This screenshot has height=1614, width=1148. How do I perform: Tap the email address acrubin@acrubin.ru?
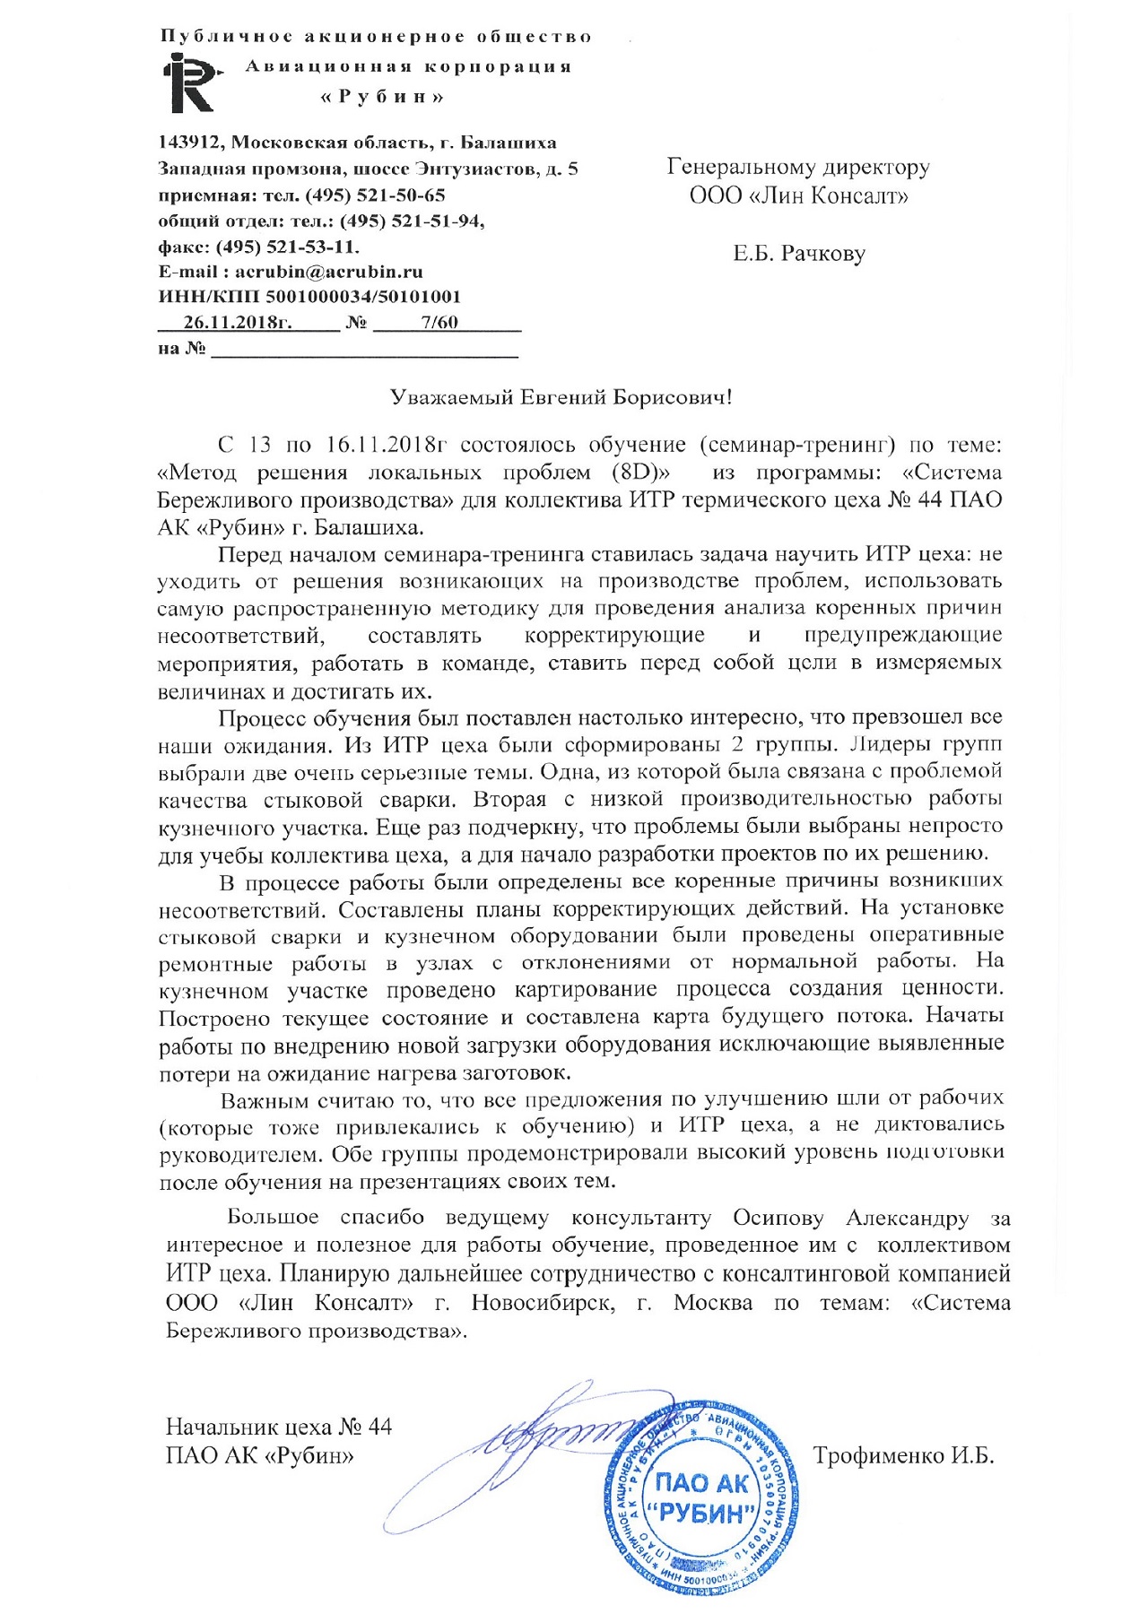point(328,272)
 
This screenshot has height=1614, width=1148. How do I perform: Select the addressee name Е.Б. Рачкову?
point(798,255)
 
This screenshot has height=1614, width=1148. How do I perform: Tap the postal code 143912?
point(190,143)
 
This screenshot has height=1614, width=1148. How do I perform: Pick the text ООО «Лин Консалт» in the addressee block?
point(798,195)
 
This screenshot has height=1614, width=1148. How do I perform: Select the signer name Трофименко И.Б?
point(903,1455)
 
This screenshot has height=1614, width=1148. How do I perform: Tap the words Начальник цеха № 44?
point(279,1427)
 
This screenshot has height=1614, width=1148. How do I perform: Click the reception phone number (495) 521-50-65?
point(376,195)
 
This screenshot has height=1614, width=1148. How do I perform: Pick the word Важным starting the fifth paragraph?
point(265,1100)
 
